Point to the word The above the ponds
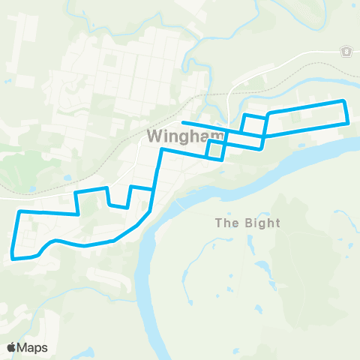[x=226, y=223]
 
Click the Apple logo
[x=11, y=347]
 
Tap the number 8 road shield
[x=346, y=52]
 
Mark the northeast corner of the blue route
[x=343, y=100]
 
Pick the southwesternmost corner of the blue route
[x=13, y=258]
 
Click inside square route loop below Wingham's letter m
[x=215, y=150]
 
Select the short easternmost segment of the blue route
[x=346, y=112]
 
